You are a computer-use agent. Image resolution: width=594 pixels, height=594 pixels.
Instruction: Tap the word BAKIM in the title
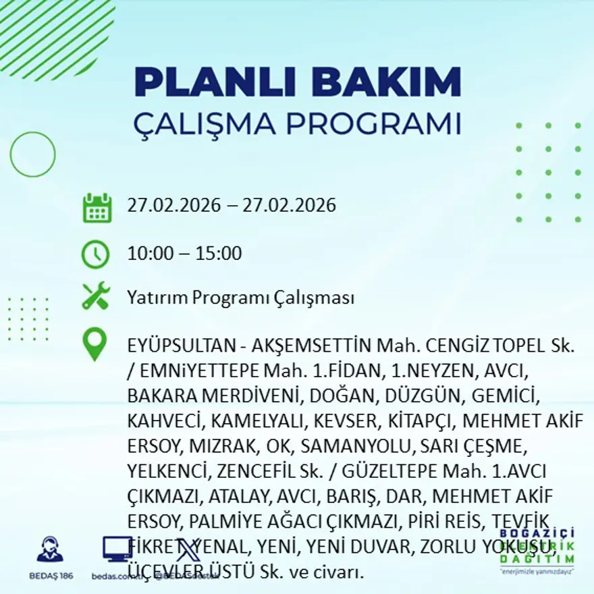(392, 82)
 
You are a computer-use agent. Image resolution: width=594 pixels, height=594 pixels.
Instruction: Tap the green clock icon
(95, 254)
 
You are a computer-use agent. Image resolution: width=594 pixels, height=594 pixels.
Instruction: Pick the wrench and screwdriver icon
(95, 297)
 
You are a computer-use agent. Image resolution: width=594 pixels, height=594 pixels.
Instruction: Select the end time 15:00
(219, 254)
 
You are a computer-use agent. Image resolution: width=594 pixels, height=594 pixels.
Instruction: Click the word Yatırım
(157, 298)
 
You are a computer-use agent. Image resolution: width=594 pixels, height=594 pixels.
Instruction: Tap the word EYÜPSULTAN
(181, 347)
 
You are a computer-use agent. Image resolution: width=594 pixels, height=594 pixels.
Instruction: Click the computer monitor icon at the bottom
(117, 549)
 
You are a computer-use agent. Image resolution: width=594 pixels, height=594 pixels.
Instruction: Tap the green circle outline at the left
(32, 155)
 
